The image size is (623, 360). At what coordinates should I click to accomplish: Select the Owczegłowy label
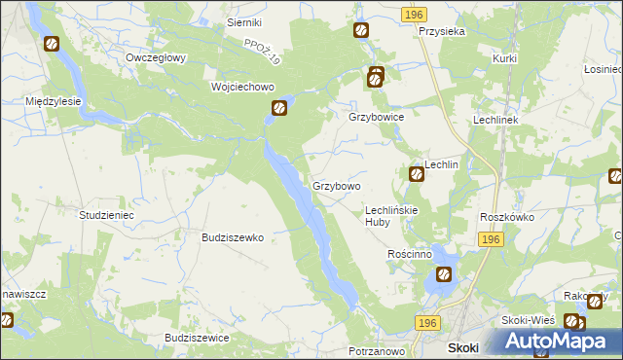156,57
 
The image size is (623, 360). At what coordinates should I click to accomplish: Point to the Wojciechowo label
243,87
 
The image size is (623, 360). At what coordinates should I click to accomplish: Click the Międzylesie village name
53,101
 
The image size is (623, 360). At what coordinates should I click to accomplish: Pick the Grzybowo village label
337,185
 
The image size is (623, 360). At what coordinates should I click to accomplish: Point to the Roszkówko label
507,218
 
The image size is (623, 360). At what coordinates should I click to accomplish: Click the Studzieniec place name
106,214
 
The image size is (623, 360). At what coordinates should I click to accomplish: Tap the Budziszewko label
233,236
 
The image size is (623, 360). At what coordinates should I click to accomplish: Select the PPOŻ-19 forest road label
262,53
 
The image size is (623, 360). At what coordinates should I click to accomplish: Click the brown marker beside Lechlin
416,174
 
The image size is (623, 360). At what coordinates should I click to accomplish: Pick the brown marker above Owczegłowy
51,44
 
